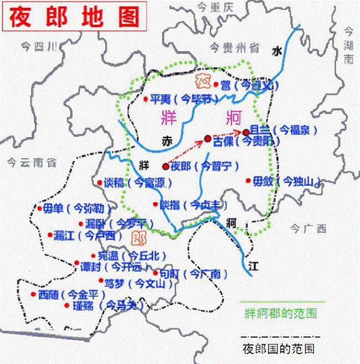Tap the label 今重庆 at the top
216,7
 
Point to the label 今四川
38,45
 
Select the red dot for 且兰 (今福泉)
246,132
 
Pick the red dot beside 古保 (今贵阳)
208,138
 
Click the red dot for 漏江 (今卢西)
50,235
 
